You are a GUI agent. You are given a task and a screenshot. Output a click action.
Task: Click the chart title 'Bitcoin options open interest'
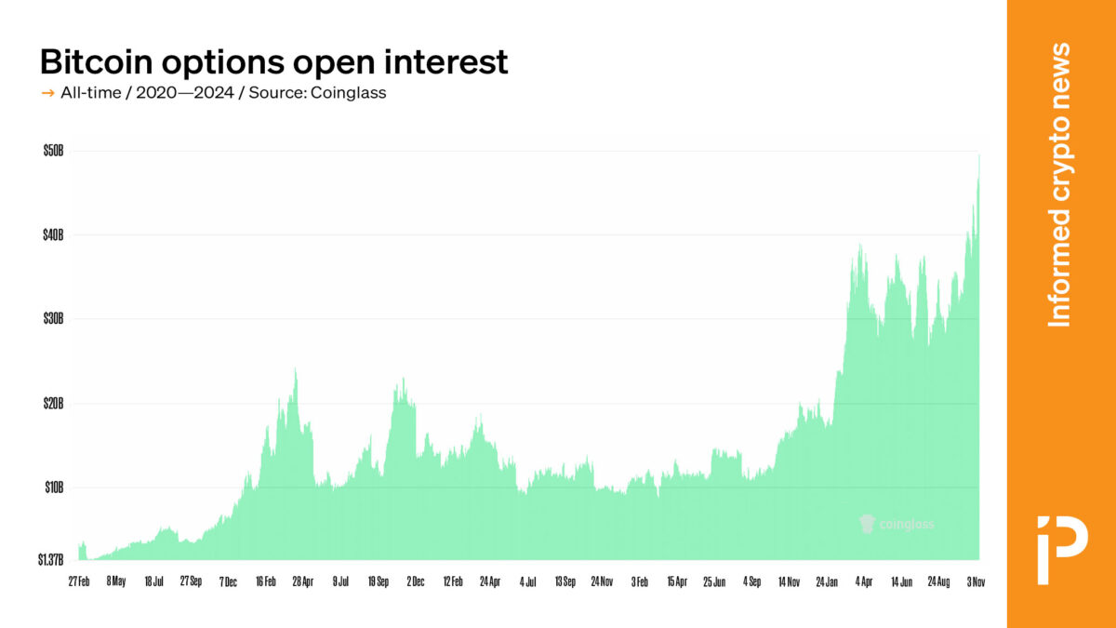[273, 61]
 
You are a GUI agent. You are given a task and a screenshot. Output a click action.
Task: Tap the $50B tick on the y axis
[52, 151]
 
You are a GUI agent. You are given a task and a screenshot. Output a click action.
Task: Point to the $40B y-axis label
[52, 234]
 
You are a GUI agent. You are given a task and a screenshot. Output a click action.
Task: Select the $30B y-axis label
[52, 318]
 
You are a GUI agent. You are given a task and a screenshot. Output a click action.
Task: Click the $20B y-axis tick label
[52, 403]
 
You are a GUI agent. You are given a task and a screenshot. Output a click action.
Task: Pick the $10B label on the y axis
[52, 487]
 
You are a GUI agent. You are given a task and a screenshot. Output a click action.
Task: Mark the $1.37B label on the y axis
[50, 560]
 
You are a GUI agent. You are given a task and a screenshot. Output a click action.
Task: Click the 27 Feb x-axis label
[79, 581]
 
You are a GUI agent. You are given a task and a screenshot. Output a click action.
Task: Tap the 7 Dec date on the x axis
[228, 581]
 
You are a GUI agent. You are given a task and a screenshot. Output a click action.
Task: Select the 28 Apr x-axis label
[302, 581]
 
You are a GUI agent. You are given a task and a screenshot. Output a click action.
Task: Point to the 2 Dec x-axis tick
[415, 581]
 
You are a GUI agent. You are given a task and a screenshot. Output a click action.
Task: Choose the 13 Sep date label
[565, 581]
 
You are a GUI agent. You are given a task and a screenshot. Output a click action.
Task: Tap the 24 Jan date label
[828, 581]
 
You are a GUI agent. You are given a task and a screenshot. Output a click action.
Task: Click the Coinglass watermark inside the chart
[897, 524]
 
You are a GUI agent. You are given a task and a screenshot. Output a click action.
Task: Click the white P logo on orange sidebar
[1061, 548]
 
